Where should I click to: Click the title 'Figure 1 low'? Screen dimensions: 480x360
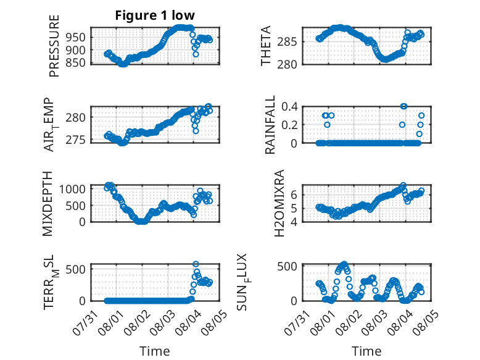[155, 15]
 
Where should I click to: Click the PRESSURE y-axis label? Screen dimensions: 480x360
[54, 46]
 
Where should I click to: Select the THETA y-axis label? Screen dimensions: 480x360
[266, 46]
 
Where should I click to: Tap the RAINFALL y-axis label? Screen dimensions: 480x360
[270, 125]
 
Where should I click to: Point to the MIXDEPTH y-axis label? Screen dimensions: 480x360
[48, 204]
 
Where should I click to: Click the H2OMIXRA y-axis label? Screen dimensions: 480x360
[279, 203]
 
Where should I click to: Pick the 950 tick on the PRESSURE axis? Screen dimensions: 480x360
[76, 38]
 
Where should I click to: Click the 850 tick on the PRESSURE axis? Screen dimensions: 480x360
[76, 62]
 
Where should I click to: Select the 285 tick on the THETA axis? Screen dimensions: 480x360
[287, 41]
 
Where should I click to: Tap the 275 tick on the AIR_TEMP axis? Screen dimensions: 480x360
[76, 140]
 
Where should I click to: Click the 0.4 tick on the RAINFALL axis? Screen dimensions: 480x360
[289, 107]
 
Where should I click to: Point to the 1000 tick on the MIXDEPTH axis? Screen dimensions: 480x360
[72, 189]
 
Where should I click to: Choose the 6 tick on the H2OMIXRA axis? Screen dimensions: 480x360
[294, 195]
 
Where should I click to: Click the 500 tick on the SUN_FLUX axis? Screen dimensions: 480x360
[287, 266]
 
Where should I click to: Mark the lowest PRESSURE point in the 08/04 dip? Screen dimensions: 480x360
[196, 54]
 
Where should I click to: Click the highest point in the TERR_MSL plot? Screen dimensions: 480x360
[196, 264]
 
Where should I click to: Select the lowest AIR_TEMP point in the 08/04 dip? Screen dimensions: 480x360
[196, 131]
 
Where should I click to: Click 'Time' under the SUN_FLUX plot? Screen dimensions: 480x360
[366, 351]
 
